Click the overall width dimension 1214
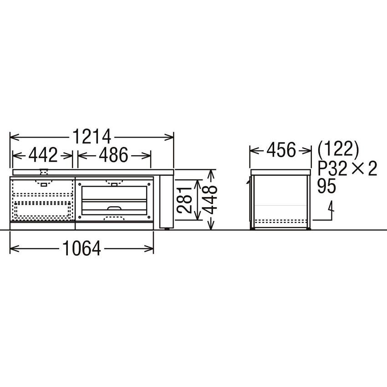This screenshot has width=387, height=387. point(91,136)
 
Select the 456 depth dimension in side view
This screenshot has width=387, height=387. point(280,149)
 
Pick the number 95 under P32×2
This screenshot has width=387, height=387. point(327,187)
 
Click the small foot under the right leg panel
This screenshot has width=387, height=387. point(167,228)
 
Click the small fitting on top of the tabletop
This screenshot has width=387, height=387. point(44,171)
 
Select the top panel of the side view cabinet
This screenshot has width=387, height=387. point(280,171)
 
